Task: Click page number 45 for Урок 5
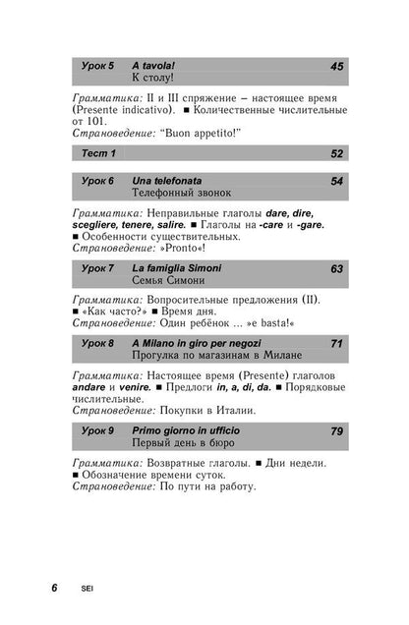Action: click(336, 66)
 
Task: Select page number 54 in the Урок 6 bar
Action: click(336, 181)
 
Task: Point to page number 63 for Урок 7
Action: click(336, 267)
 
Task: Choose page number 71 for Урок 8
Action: click(336, 343)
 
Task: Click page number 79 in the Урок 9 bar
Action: click(336, 430)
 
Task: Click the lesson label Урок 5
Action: click(96, 66)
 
